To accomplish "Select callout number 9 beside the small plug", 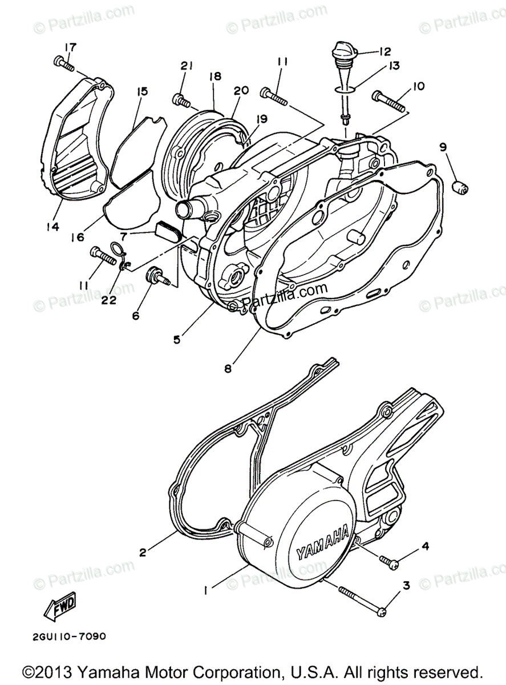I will point(443,147).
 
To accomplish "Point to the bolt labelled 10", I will point(390,100).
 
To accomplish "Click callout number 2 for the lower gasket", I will point(143,552).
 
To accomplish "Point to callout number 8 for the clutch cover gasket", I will point(228,368).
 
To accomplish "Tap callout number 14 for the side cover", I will point(52,227).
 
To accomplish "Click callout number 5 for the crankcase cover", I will point(177,339).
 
